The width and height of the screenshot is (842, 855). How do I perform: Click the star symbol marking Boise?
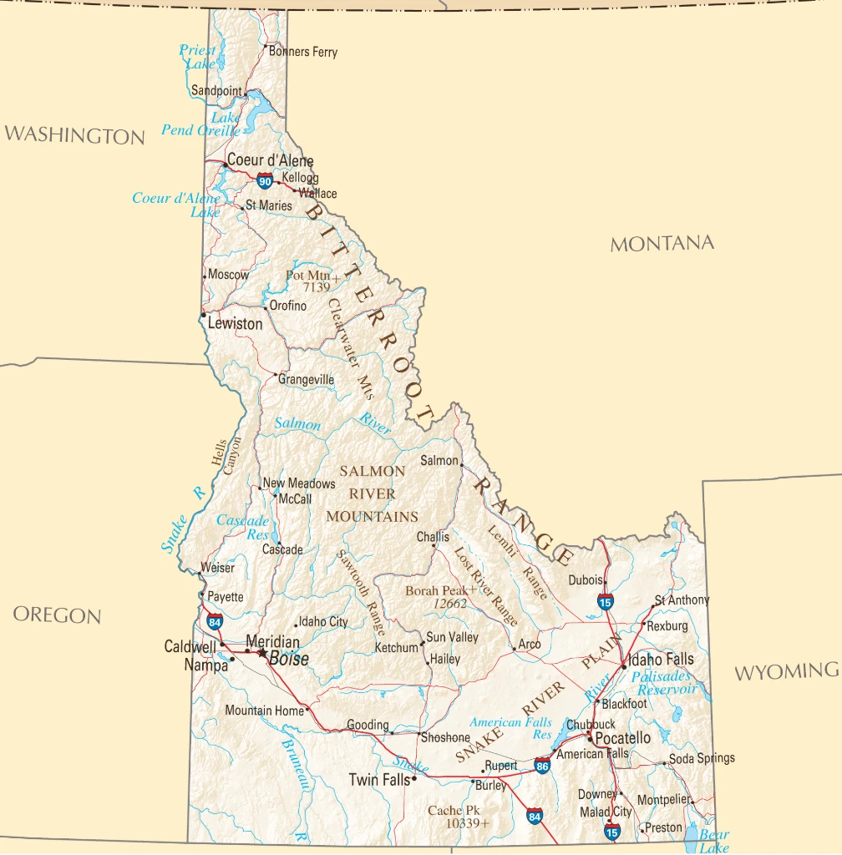[262, 653]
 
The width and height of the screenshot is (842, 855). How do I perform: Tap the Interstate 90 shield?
[265, 181]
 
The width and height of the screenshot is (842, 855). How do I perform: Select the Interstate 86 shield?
[543, 765]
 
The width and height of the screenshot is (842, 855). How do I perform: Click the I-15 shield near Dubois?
[605, 601]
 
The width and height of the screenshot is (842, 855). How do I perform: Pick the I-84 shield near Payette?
[215, 622]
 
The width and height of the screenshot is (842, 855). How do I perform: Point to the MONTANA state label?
[662, 244]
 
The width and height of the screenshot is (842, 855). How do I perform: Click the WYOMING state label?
[786, 671]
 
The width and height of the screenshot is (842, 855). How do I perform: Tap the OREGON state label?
[57, 615]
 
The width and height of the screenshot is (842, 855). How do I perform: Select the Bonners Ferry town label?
[303, 52]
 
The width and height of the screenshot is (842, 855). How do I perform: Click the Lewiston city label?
[235, 323]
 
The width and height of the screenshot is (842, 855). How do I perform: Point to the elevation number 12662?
[449, 604]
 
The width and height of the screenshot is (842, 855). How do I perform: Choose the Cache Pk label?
[454, 810]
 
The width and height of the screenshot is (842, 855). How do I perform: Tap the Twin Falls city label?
[379, 780]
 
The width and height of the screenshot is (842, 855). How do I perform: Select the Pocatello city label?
[622, 738]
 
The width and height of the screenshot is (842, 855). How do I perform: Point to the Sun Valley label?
[452, 637]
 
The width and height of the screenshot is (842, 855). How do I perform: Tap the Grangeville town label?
[306, 380]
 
